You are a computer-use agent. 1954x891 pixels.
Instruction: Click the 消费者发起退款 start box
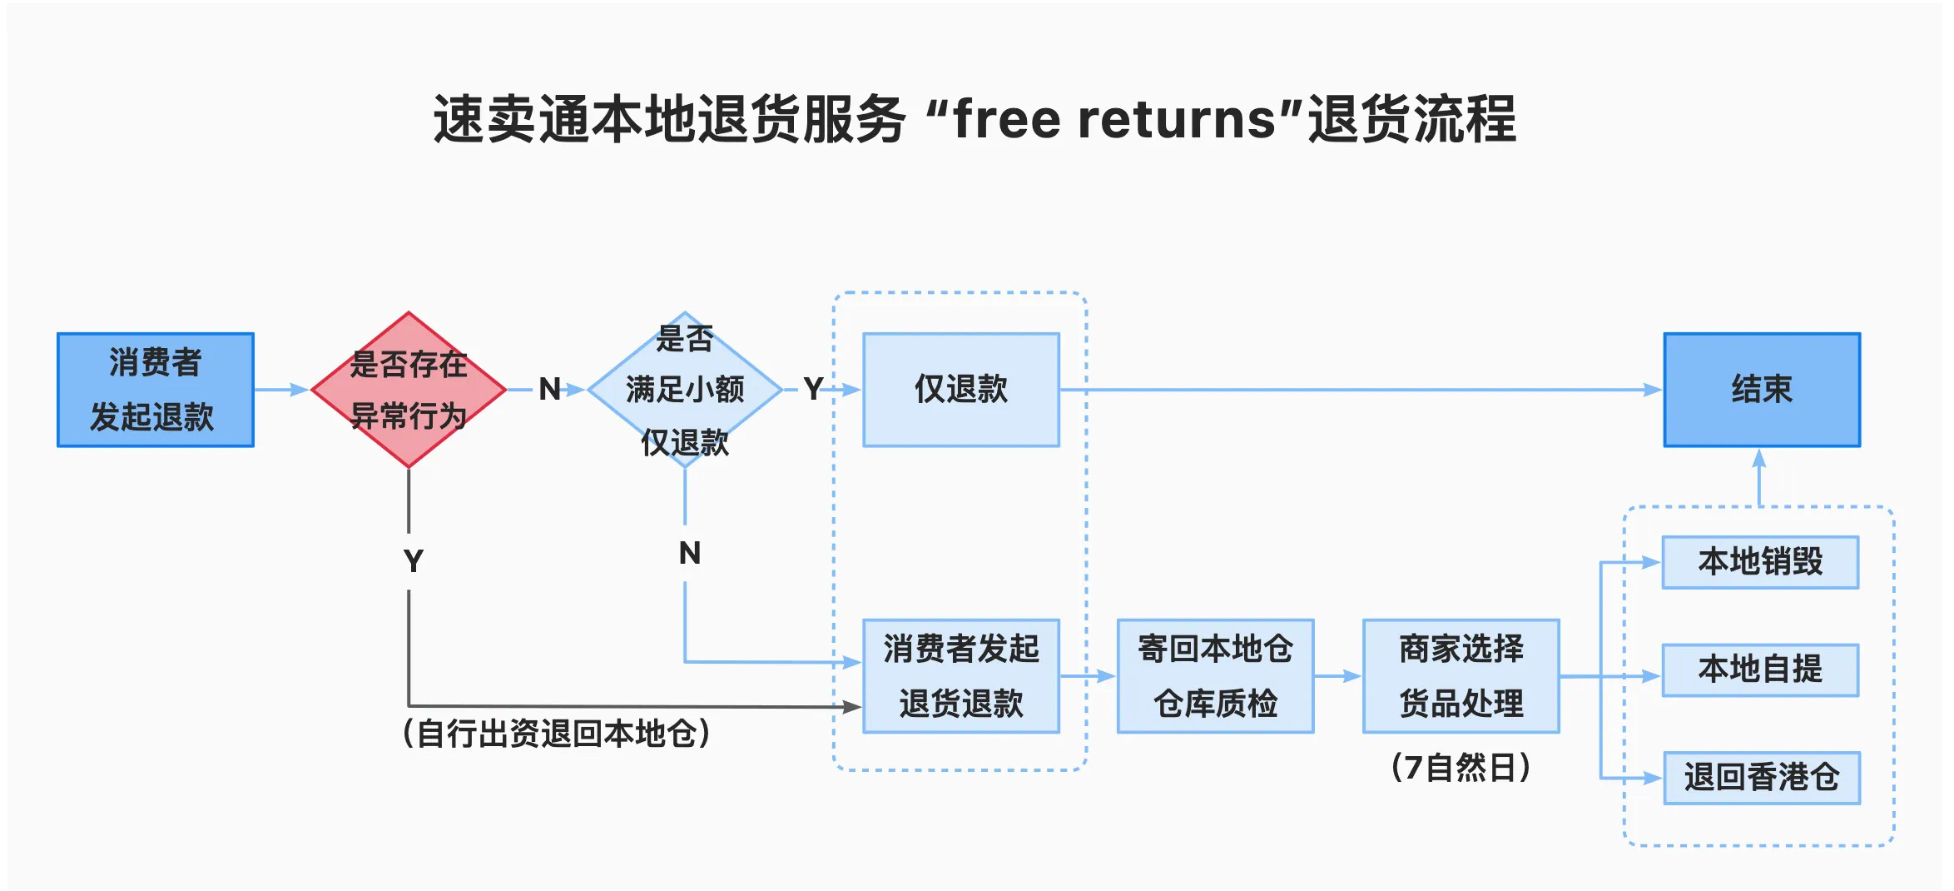(x=156, y=390)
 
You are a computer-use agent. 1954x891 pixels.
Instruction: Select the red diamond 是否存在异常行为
(x=409, y=390)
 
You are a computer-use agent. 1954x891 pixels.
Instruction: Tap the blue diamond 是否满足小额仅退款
(x=684, y=390)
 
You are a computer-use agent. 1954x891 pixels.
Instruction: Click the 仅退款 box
(x=961, y=390)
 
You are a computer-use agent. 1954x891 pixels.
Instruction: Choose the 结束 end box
(x=1762, y=390)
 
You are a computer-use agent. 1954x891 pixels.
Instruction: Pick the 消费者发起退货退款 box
(x=961, y=675)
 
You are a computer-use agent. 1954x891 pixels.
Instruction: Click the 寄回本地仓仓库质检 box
(x=1215, y=675)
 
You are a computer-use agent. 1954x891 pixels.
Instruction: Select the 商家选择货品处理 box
(x=1461, y=675)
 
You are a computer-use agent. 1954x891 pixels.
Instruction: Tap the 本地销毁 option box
(x=1760, y=562)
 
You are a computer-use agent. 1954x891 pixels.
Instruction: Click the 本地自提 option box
(x=1760, y=669)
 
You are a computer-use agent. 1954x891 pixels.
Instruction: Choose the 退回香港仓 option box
(x=1761, y=778)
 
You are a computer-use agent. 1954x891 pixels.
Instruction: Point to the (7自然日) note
(x=1461, y=768)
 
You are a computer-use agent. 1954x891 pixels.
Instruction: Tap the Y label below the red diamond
(x=413, y=561)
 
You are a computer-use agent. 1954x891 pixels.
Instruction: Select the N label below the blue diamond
(x=690, y=553)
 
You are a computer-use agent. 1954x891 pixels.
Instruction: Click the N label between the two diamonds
(x=549, y=389)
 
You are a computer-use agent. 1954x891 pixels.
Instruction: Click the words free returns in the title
(x=1114, y=119)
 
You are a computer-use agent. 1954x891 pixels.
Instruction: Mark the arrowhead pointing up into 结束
(x=1758, y=459)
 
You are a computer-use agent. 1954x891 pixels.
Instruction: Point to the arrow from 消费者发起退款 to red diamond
(x=281, y=390)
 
